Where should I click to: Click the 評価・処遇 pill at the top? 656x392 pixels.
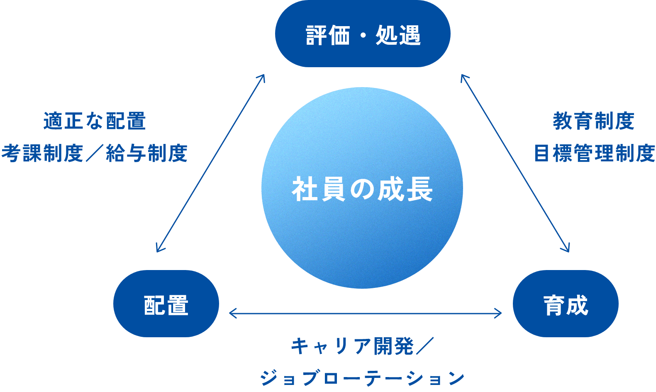point(363,34)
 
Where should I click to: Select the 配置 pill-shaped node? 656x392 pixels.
point(166,304)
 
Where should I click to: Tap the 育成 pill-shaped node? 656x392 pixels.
point(566,304)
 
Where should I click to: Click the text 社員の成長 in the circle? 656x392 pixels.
point(362,189)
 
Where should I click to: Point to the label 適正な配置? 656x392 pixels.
point(95,121)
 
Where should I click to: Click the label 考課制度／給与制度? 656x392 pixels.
point(94,153)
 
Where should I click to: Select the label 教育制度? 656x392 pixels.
point(594,121)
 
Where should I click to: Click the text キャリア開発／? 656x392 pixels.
point(362,346)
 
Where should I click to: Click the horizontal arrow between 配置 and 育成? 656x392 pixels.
point(365,313)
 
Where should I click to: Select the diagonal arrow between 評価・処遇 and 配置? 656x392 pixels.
point(210,163)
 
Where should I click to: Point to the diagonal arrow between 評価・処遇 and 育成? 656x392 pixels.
point(515,163)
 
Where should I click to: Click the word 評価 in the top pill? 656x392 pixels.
point(328,35)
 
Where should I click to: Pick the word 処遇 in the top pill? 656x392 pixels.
point(398,35)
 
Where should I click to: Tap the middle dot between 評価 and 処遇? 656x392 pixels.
point(363,35)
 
